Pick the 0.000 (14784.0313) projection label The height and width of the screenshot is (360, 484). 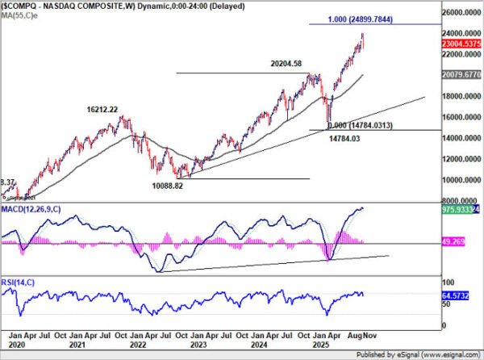(x=361, y=125)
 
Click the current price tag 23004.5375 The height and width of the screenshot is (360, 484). (x=462, y=46)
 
